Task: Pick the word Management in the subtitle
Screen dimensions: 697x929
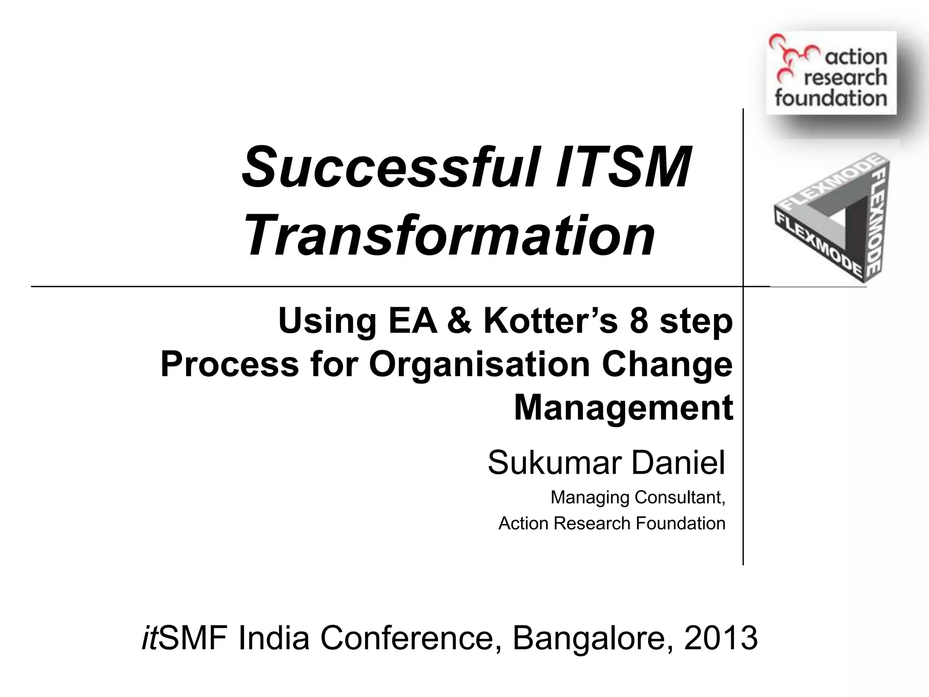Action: (623, 407)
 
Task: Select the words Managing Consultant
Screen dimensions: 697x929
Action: (637, 498)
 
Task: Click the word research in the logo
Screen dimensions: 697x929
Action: (845, 78)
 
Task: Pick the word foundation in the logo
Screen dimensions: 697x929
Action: (831, 98)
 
